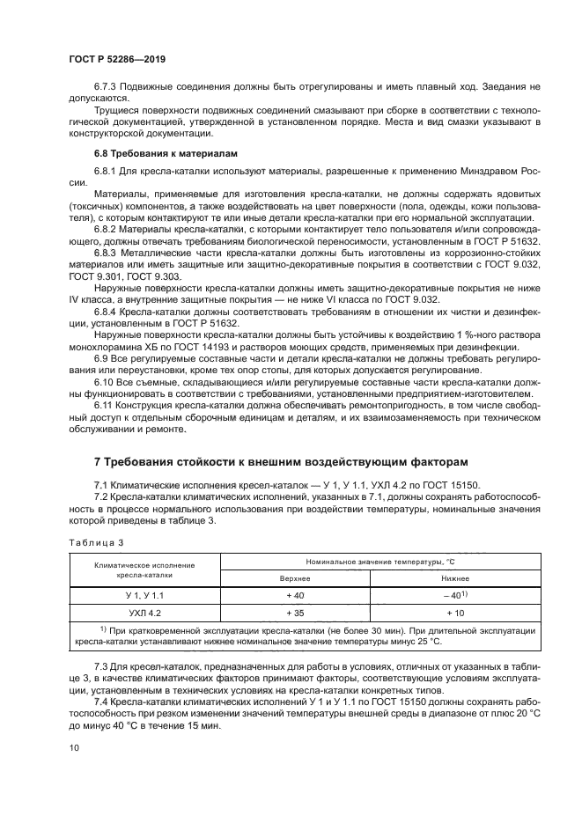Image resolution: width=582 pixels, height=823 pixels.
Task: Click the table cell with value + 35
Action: (294, 612)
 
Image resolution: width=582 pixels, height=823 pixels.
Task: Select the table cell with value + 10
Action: (454, 612)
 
